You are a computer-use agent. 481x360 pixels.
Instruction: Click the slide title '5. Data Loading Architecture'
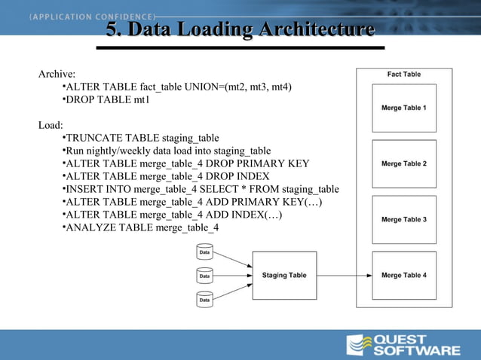(240, 30)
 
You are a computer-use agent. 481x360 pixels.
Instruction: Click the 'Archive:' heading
(57, 75)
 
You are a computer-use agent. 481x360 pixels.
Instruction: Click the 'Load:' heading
(51, 125)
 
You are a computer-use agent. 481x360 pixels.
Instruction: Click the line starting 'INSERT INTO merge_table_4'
(200, 189)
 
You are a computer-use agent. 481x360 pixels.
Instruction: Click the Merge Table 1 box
(404, 108)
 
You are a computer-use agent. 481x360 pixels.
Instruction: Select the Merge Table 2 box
(404, 163)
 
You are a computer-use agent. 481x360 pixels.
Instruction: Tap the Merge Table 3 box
(404, 219)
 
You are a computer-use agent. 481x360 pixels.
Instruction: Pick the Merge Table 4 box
(404, 275)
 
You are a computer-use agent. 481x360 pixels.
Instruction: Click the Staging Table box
(284, 275)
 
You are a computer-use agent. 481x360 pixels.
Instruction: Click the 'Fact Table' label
(404, 75)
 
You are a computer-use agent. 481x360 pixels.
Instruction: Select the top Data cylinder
(204, 252)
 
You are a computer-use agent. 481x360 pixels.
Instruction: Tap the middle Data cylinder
(204, 276)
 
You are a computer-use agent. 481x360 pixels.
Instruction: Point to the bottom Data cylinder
(204, 300)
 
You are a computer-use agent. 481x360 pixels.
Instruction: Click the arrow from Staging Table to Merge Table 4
(344, 275)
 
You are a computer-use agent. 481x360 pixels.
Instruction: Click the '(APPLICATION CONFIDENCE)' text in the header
(92, 16)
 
